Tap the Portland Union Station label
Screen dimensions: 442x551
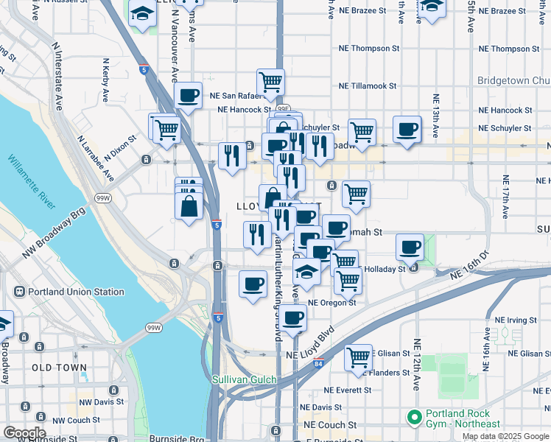point(76,292)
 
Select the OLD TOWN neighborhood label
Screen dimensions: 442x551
point(59,367)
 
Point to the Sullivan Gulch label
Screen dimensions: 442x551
point(244,380)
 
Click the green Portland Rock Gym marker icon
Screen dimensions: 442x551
point(414,418)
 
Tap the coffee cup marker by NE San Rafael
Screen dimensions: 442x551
point(189,96)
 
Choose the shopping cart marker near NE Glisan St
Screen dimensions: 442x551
point(358,357)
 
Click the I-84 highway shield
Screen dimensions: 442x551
point(317,364)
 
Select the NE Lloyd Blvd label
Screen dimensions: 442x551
point(309,343)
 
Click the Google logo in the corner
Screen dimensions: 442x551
point(24,432)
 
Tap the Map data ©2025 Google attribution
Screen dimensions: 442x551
point(505,436)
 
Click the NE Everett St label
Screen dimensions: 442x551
point(354,390)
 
